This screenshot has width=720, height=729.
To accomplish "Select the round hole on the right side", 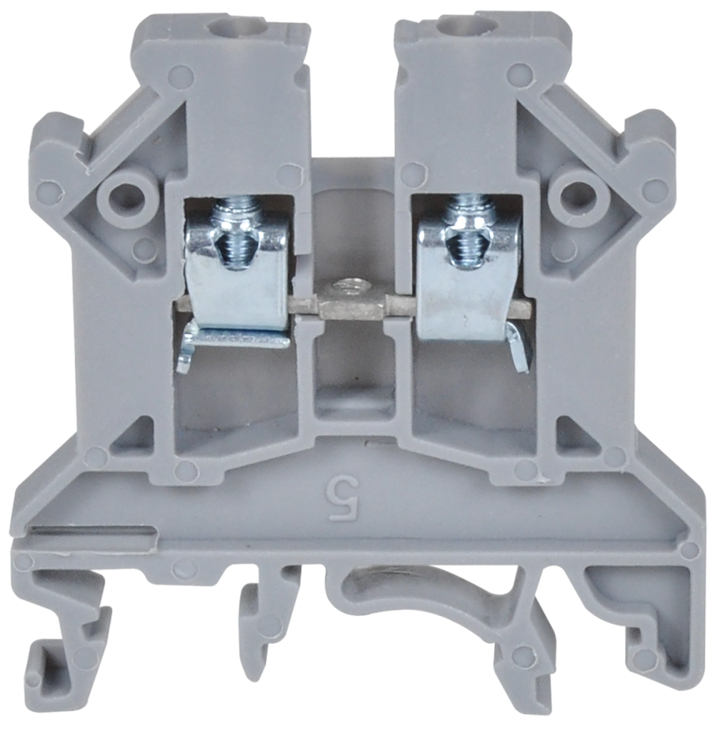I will (577, 192).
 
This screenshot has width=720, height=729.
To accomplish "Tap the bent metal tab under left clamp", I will (187, 350).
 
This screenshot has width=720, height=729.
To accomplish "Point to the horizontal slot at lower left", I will (93, 532).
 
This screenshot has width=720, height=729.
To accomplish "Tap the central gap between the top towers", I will (352, 86).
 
